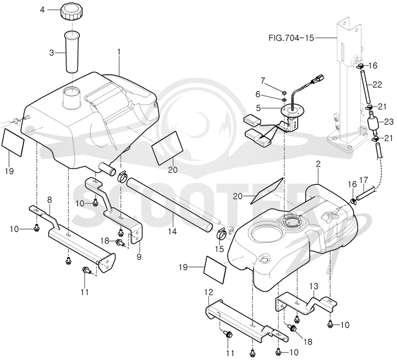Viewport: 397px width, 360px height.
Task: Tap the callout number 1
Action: tap(119, 52)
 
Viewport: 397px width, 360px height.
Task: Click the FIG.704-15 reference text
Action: tap(291, 38)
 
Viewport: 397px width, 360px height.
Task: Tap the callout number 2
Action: tap(318, 164)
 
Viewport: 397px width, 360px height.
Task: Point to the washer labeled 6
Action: tap(284, 100)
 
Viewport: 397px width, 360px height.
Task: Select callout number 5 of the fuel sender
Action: tap(258, 108)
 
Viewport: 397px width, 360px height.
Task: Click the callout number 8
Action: tap(49, 200)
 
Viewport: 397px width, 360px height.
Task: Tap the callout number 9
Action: tap(139, 257)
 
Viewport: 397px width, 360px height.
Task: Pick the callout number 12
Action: tap(209, 292)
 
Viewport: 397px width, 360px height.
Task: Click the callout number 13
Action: tap(314, 287)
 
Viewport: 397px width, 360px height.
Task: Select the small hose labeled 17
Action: tap(365, 193)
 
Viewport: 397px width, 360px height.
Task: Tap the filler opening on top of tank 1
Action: tap(72, 97)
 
